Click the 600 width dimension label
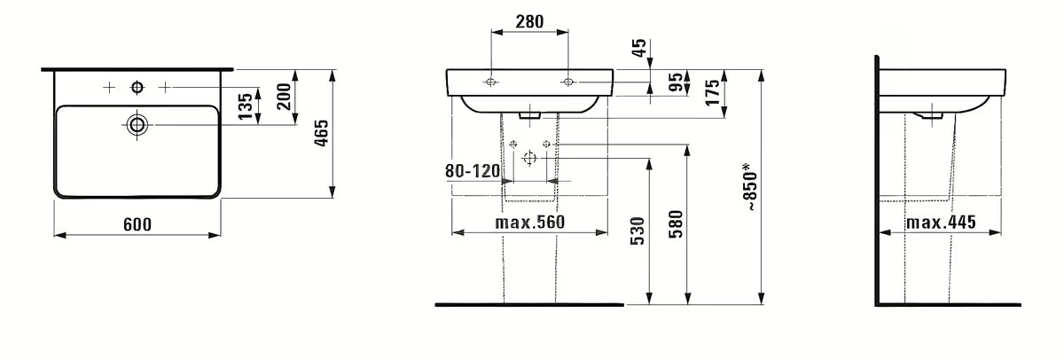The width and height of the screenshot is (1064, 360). click(137, 224)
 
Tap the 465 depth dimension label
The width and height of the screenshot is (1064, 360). click(322, 133)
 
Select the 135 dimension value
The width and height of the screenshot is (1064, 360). click(245, 106)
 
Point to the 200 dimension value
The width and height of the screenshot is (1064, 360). click(284, 97)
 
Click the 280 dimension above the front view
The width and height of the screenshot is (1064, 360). click(529, 21)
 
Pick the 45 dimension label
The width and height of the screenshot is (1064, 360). click(640, 48)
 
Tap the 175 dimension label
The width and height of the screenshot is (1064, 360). click(713, 92)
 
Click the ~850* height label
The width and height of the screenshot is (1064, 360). click(750, 186)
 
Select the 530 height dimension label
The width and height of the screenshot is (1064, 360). click(638, 231)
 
